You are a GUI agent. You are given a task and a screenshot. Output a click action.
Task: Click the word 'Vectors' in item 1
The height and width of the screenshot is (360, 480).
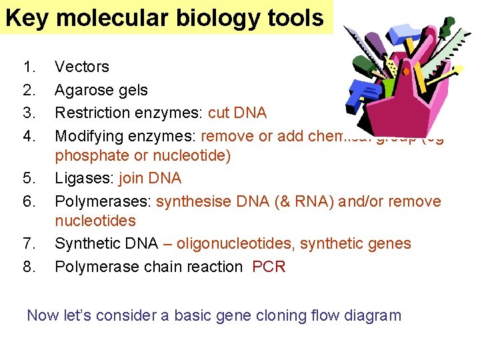(x=81, y=67)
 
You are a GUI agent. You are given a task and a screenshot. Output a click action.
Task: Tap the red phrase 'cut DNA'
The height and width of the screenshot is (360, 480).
(x=237, y=113)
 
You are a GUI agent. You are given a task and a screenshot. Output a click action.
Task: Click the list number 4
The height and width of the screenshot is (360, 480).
(x=29, y=136)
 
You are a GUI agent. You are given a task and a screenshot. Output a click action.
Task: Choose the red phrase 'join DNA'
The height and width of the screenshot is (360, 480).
(x=150, y=179)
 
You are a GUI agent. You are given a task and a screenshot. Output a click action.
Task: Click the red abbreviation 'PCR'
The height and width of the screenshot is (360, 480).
(x=269, y=267)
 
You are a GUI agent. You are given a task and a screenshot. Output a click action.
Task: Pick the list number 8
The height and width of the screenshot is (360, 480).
(x=29, y=267)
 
